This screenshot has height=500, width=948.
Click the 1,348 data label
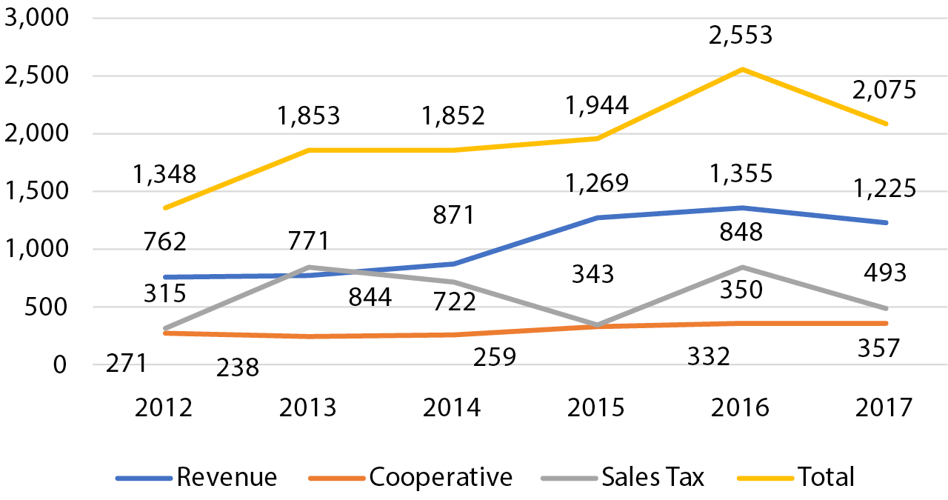pyautogui.click(x=164, y=174)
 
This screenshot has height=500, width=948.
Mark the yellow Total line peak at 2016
pyautogui.click(x=742, y=70)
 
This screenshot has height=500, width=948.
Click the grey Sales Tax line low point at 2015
pyautogui.click(x=597, y=324)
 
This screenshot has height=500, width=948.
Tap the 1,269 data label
pyautogui.click(x=597, y=182)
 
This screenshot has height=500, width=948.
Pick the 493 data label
pyautogui.click(x=886, y=273)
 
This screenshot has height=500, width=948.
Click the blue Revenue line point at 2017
pyautogui.click(x=886, y=222)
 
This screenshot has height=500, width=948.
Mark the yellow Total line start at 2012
pyautogui.click(x=164, y=207)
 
